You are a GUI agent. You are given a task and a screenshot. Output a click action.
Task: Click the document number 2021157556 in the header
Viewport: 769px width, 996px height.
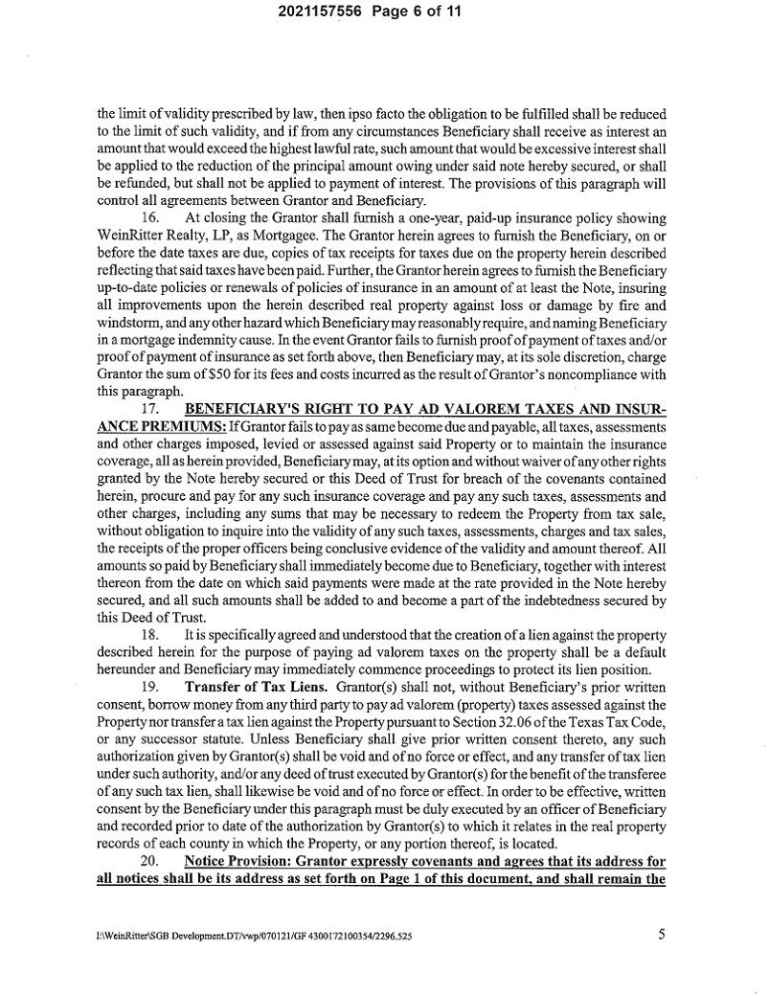[321, 13]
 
